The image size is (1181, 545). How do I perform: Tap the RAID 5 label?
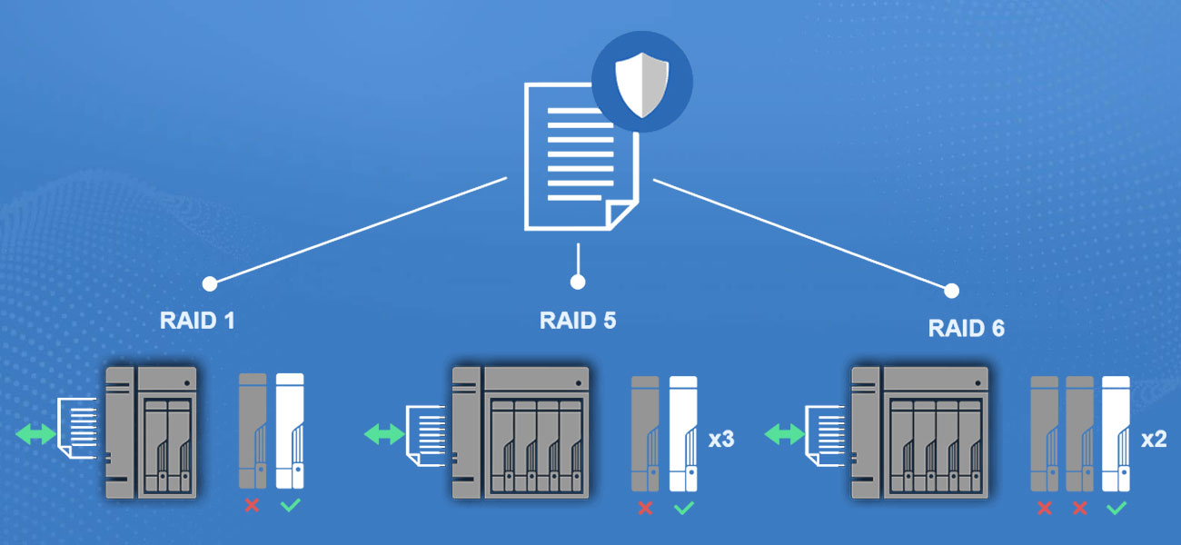coord(578,321)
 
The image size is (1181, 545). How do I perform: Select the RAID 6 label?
coord(967,328)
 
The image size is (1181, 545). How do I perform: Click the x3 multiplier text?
coord(721,440)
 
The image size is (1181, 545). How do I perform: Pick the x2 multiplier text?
coord(1155,440)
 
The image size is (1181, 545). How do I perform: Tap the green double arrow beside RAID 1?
coord(35,435)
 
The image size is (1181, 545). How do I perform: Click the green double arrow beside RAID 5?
coord(384,435)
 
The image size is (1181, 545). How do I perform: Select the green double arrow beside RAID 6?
coord(782,435)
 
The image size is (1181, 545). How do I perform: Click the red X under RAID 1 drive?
coord(252,505)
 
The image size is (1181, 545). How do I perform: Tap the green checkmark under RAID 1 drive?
coord(289,505)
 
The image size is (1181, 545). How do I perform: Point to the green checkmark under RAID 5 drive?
coord(683,508)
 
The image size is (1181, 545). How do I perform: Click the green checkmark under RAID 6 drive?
coord(1116,508)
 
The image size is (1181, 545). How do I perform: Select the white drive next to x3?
coord(683,432)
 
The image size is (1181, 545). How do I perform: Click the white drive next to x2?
coord(1116,432)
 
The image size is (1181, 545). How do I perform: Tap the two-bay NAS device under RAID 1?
coord(152,432)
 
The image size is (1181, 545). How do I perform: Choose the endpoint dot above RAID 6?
coord(951,291)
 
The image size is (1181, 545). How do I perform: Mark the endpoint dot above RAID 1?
coord(209,283)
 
